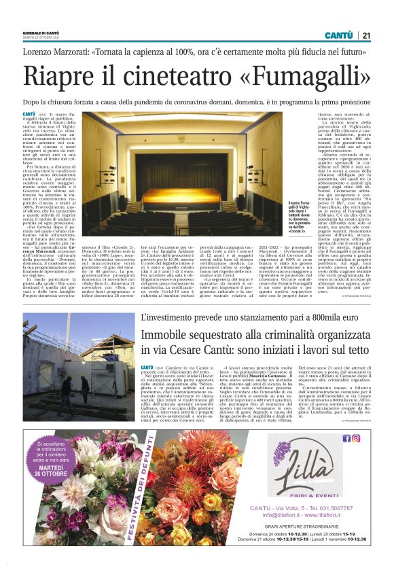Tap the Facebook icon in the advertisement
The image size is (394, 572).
click(346, 438)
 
